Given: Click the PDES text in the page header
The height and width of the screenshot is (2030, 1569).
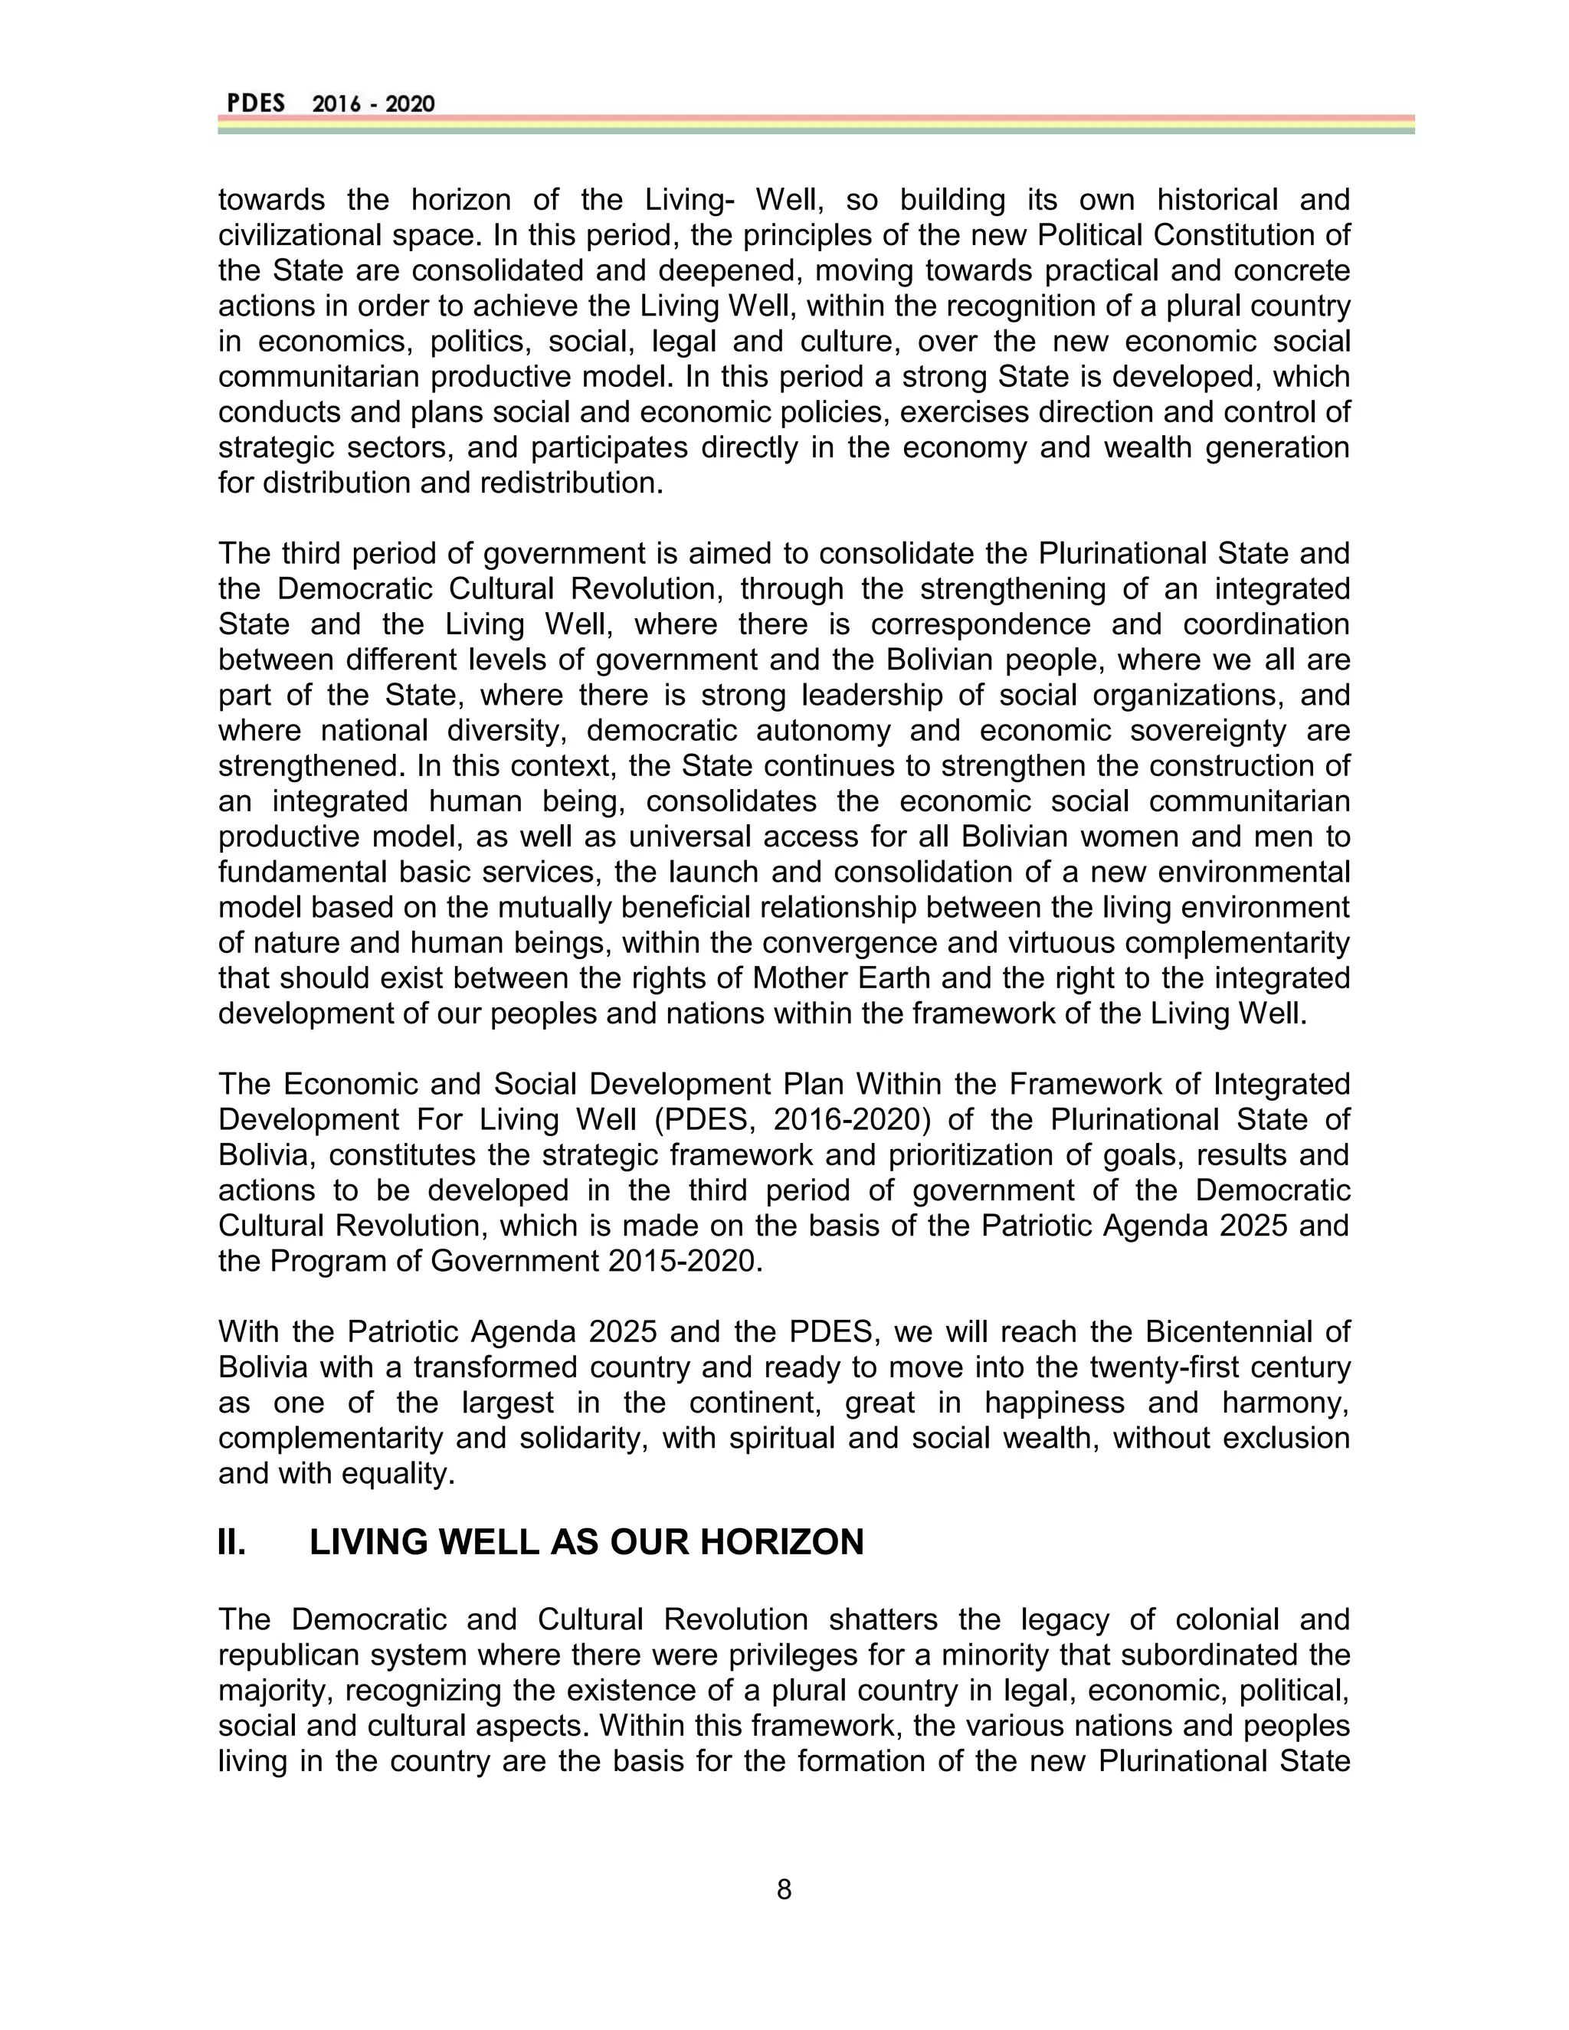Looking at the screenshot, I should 256,103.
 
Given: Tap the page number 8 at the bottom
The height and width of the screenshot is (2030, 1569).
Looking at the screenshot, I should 784,1889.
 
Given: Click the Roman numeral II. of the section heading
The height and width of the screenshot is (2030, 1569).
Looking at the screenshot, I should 231,1543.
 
